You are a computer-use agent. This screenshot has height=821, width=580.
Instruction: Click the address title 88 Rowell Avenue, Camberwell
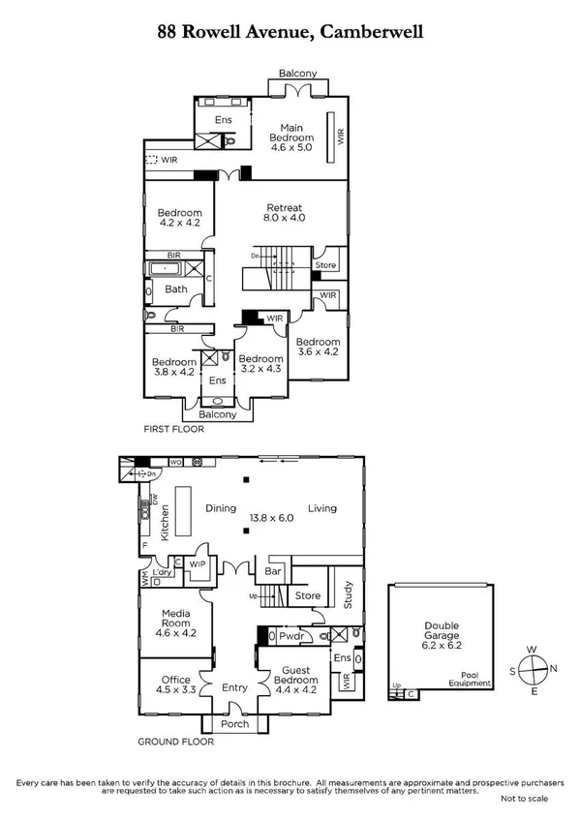290,32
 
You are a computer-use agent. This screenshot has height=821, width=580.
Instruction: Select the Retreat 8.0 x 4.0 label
286,212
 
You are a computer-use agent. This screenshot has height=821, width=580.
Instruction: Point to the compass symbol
532,668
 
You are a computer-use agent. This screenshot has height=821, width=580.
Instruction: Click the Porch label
235,724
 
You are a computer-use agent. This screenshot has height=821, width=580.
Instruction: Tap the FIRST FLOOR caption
174,429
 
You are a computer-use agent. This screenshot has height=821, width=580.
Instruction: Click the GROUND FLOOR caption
175,743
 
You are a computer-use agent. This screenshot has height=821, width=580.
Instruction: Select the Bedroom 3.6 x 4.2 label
318,348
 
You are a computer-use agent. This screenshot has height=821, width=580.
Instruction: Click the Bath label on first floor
176,289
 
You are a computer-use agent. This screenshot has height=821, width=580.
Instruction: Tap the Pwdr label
290,637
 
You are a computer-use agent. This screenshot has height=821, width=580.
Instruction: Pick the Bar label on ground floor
272,572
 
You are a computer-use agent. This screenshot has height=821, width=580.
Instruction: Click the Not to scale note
524,799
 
